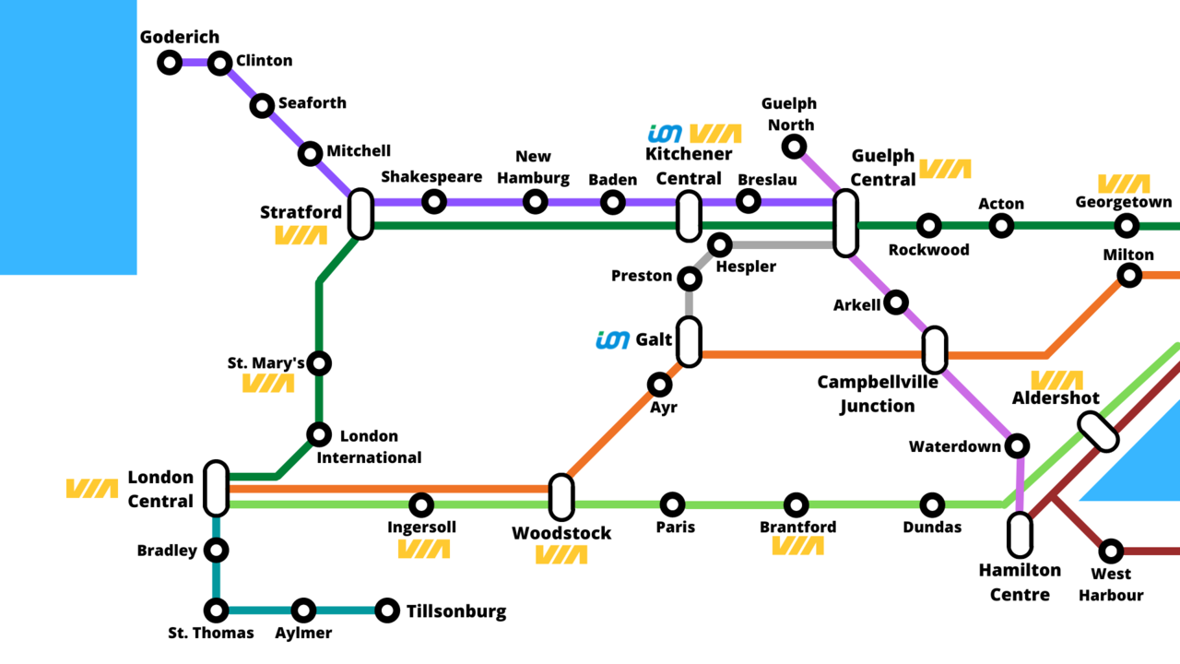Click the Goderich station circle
point(170,63)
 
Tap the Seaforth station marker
point(263,105)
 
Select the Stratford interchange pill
point(360,213)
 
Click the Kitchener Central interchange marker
point(689,217)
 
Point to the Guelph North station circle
point(794,147)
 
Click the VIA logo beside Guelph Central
point(945,169)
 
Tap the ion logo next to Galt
point(613,340)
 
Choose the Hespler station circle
point(720,245)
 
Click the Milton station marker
point(1129,275)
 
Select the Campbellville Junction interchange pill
point(935,350)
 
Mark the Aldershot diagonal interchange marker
point(1099,432)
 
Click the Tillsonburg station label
point(456,611)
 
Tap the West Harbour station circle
point(1112,551)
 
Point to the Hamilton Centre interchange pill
point(1020,535)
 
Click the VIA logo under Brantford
point(797,546)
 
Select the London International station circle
point(319,433)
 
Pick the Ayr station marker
point(660,385)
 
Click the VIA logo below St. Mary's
point(268,384)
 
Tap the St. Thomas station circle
point(216,611)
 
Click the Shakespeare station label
point(431,177)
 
